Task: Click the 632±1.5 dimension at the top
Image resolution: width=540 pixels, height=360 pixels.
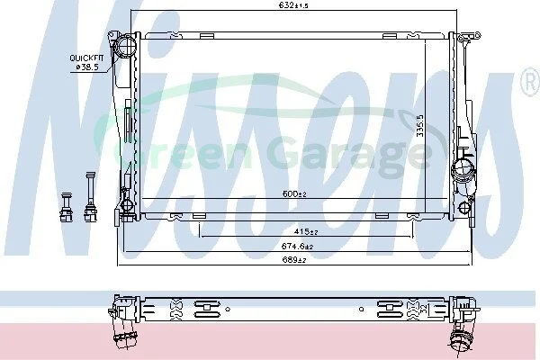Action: point(293,5)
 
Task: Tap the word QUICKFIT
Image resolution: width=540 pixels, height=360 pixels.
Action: point(86,58)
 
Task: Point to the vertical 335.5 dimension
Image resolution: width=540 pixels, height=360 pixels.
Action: point(420,125)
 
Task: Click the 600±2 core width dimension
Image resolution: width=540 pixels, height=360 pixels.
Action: point(294,194)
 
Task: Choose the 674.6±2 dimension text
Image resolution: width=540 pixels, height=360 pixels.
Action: point(297,247)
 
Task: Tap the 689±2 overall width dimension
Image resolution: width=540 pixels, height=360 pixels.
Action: point(294,260)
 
